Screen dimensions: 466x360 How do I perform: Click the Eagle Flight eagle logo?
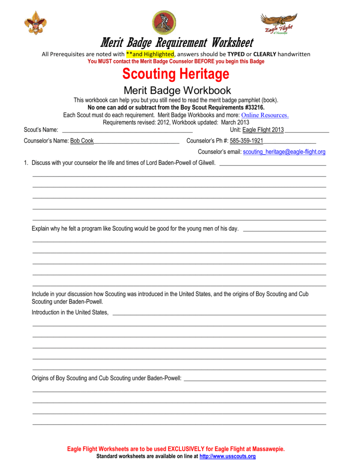click(278, 23)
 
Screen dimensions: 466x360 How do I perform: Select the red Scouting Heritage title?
click(176, 74)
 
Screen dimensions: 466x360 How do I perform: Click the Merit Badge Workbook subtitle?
click(177, 90)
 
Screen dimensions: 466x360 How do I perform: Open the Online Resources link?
click(265, 115)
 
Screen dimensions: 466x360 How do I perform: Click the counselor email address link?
click(284, 152)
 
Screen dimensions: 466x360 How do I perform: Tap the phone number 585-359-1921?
click(246, 141)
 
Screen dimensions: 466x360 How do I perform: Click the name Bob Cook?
click(82, 141)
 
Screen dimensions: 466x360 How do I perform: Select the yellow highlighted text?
click(150, 54)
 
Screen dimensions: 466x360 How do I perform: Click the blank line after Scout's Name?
click(127, 130)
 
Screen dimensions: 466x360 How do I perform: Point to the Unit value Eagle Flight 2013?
click(263, 130)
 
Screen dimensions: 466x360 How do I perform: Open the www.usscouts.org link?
click(228, 456)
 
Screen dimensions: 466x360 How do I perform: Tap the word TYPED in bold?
click(236, 54)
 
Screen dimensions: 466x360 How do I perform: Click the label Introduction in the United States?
click(70, 312)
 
